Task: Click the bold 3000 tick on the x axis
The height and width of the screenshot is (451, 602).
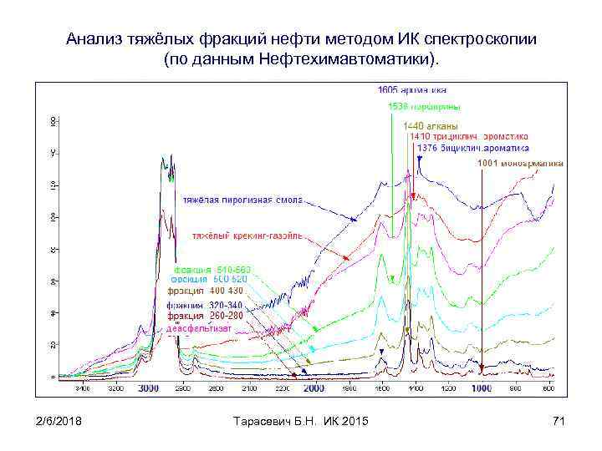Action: (x=148, y=389)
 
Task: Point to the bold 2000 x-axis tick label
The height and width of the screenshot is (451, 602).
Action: (x=314, y=389)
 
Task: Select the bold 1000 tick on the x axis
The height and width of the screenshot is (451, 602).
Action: (x=482, y=389)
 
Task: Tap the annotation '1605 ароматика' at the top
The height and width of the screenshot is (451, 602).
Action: (x=412, y=89)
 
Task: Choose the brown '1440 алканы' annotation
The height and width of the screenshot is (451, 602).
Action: (x=431, y=125)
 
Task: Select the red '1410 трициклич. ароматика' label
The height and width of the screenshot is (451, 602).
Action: (x=468, y=136)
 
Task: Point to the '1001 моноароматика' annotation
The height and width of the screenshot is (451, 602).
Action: (x=520, y=164)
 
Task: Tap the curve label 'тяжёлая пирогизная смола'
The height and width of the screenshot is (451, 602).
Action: (x=243, y=200)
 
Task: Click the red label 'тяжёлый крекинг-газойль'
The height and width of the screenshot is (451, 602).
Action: (x=247, y=236)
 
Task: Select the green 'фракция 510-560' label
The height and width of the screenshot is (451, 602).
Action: (x=212, y=270)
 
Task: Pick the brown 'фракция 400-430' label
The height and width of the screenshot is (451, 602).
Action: (x=205, y=291)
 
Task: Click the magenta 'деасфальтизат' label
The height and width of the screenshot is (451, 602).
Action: (x=199, y=328)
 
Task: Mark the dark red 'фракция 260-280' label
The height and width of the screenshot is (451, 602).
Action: (x=205, y=316)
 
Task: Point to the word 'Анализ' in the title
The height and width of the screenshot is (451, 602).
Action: (x=92, y=39)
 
